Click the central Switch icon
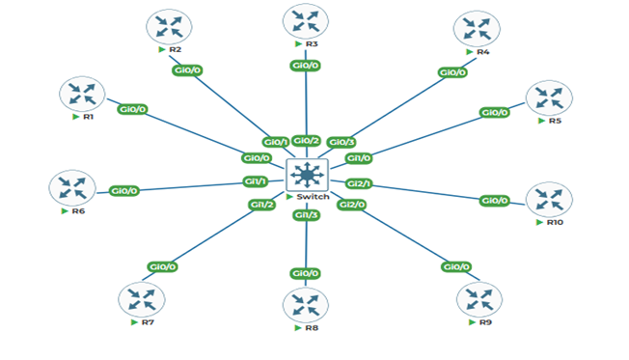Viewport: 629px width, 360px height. [307, 175]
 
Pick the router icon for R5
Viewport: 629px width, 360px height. [548, 99]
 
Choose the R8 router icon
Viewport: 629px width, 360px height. [306, 306]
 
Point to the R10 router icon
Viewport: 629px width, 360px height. [548, 200]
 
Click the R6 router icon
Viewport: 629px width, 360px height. [71, 187]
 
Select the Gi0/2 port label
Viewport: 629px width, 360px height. [306, 141]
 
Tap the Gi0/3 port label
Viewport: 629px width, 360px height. [342, 143]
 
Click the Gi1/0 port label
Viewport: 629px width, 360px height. [358, 157]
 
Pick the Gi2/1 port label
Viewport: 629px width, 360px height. [359, 183]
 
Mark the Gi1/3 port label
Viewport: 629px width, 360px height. [306, 214]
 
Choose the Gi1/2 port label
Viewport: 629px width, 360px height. [261, 204]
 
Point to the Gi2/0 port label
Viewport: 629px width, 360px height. [351, 204]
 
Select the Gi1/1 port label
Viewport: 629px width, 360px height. [255, 180]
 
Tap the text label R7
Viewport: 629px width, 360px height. [148, 322]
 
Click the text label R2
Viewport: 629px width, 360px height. [176, 49]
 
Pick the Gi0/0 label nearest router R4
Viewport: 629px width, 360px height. [452, 72]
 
